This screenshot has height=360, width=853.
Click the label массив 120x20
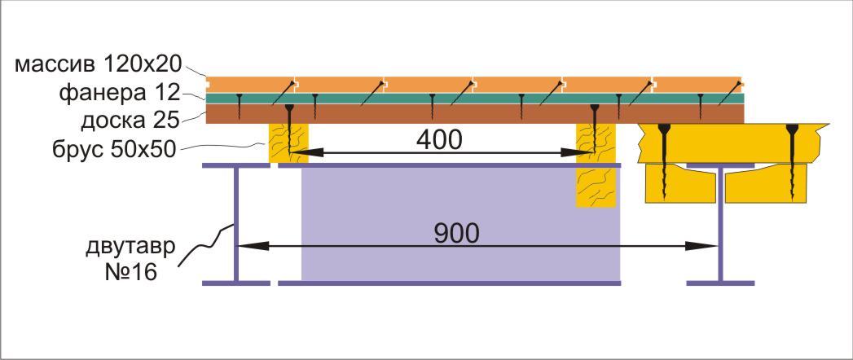pyautogui.click(x=97, y=64)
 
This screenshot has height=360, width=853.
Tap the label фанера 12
pyautogui.click(x=119, y=93)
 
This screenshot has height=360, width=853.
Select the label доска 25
pyautogui.click(x=130, y=121)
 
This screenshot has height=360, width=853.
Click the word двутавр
pyautogui.click(x=131, y=248)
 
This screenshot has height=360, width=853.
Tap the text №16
pyautogui.click(x=131, y=273)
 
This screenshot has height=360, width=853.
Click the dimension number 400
pyautogui.click(x=439, y=140)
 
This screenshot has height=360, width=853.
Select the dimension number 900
pyautogui.click(x=457, y=233)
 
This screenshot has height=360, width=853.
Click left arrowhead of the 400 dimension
pyautogui.click(x=306, y=153)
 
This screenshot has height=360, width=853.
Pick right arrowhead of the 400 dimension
pyautogui.click(x=577, y=153)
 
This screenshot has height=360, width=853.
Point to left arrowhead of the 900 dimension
pyautogui.click(x=253, y=246)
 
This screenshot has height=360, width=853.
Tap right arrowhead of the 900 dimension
pyautogui.click(x=701, y=246)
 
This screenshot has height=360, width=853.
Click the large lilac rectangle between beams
pyautogui.click(x=460, y=223)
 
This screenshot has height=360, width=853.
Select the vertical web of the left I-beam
pyautogui.click(x=236, y=224)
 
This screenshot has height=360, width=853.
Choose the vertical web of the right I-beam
pyautogui.click(x=720, y=224)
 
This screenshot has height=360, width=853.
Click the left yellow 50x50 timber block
pyautogui.click(x=288, y=143)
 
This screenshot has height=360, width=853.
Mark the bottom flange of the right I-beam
pyautogui.click(x=720, y=283)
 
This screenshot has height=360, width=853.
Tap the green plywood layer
pyautogui.click(x=475, y=98)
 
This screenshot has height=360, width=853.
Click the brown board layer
pyautogui.click(x=475, y=114)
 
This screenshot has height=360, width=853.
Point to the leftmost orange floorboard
pyautogui.click(x=251, y=84)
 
